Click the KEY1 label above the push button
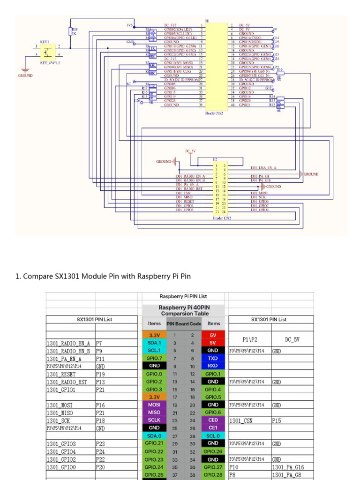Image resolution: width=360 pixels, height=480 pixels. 45,42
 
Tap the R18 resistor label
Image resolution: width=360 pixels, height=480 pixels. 75,29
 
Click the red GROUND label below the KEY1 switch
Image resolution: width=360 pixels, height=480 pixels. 25,75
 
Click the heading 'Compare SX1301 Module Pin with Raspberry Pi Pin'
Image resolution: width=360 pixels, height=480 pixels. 103,276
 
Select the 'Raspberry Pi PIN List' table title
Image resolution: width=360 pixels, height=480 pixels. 183,296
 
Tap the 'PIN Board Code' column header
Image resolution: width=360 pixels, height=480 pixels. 184,323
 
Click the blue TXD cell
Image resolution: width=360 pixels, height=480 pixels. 213,358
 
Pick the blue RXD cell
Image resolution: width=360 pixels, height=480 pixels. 213,366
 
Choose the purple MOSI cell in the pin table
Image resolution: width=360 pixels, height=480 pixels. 154,405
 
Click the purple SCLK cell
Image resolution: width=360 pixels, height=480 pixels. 154,420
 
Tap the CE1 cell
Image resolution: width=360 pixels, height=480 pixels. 213,427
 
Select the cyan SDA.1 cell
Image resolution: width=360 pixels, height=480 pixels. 154,343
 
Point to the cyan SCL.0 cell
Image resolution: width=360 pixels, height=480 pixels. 213,435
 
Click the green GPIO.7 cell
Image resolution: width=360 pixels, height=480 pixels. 154,358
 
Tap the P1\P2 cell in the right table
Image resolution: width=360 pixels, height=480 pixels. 249,339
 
